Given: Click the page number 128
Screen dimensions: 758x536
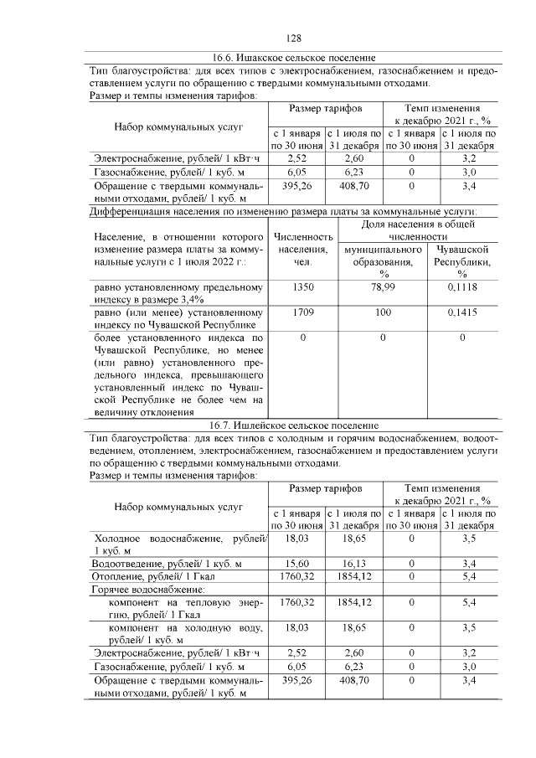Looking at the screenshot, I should (293, 39).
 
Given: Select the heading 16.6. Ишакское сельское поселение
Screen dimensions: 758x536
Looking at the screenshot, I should (293, 58).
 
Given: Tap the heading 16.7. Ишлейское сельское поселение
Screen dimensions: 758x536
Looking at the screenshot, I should (293, 425).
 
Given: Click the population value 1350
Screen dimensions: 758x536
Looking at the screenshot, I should (302, 287).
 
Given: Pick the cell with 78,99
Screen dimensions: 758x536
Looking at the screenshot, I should (382, 287).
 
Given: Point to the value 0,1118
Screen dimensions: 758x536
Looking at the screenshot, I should (461, 287).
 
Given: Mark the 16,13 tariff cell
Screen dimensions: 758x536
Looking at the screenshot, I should (354, 564).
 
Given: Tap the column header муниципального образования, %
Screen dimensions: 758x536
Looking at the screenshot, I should (382, 261).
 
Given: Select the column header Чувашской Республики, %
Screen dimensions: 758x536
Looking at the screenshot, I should (461, 261).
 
